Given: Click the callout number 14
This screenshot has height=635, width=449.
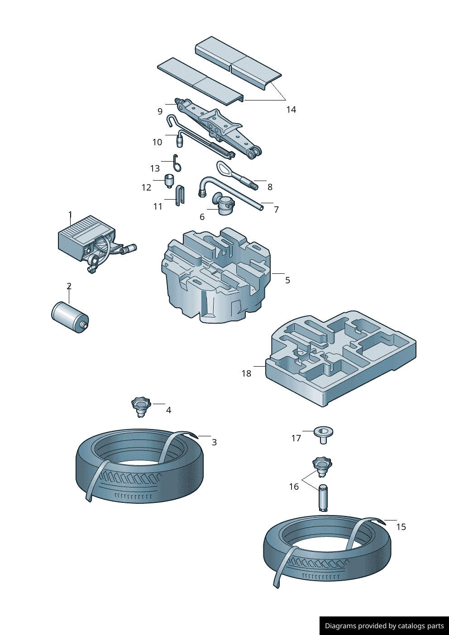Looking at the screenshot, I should [x=291, y=110].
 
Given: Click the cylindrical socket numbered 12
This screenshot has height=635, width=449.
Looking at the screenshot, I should [x=169, y=180].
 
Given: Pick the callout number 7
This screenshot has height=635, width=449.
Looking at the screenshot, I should [x=276, y=210].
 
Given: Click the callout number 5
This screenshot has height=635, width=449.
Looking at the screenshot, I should [x=287, y=280].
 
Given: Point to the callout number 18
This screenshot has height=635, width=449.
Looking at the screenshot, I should [x=246, y=373].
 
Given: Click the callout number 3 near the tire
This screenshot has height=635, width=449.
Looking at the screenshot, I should [x=214, y=442].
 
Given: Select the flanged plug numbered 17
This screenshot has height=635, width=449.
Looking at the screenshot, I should [x=323, y=434].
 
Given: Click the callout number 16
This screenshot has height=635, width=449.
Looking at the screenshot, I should [x=294, y=487].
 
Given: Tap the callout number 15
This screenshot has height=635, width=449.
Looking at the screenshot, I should [x=401, y=527].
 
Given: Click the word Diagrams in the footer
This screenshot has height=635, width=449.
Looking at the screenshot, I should [x=340, y=626].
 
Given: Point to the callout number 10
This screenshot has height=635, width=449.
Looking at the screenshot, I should [x=157, y=142].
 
